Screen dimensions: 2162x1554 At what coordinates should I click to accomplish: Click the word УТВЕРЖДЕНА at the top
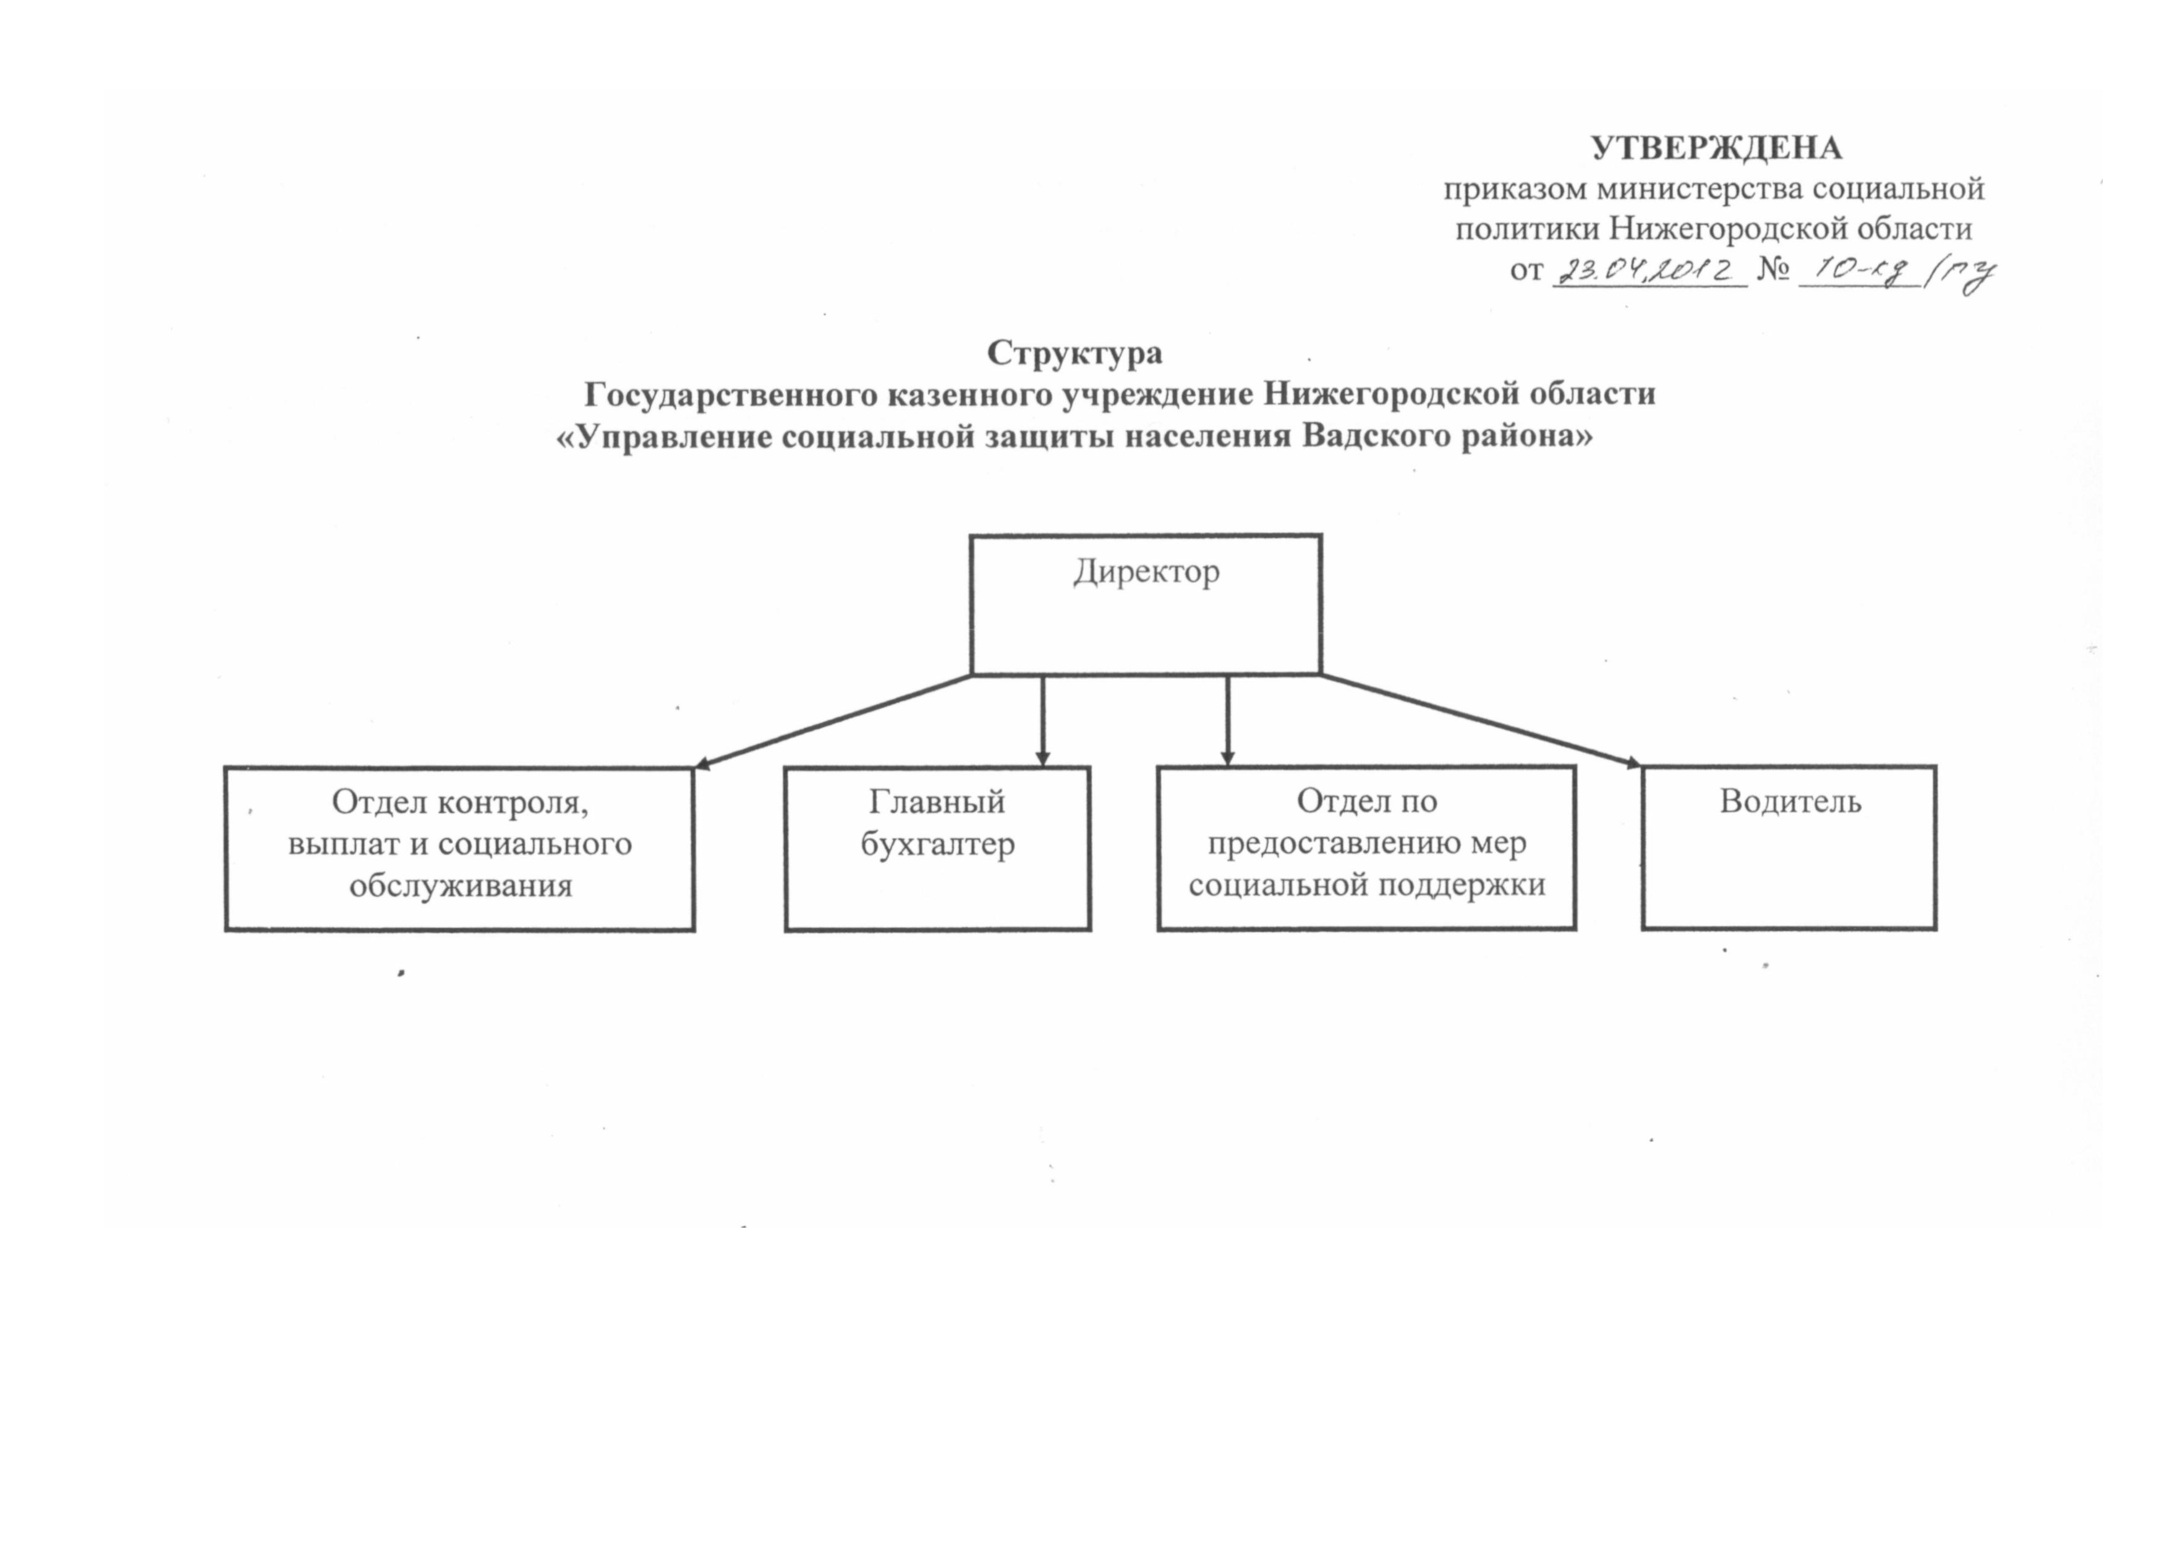pos(1716,148)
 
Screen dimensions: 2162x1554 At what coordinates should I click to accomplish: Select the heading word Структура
pos(1075,353)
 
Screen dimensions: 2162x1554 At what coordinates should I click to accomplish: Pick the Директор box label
pos(1146,572)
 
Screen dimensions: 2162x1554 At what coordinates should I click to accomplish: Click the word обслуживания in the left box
pos(461,886)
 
